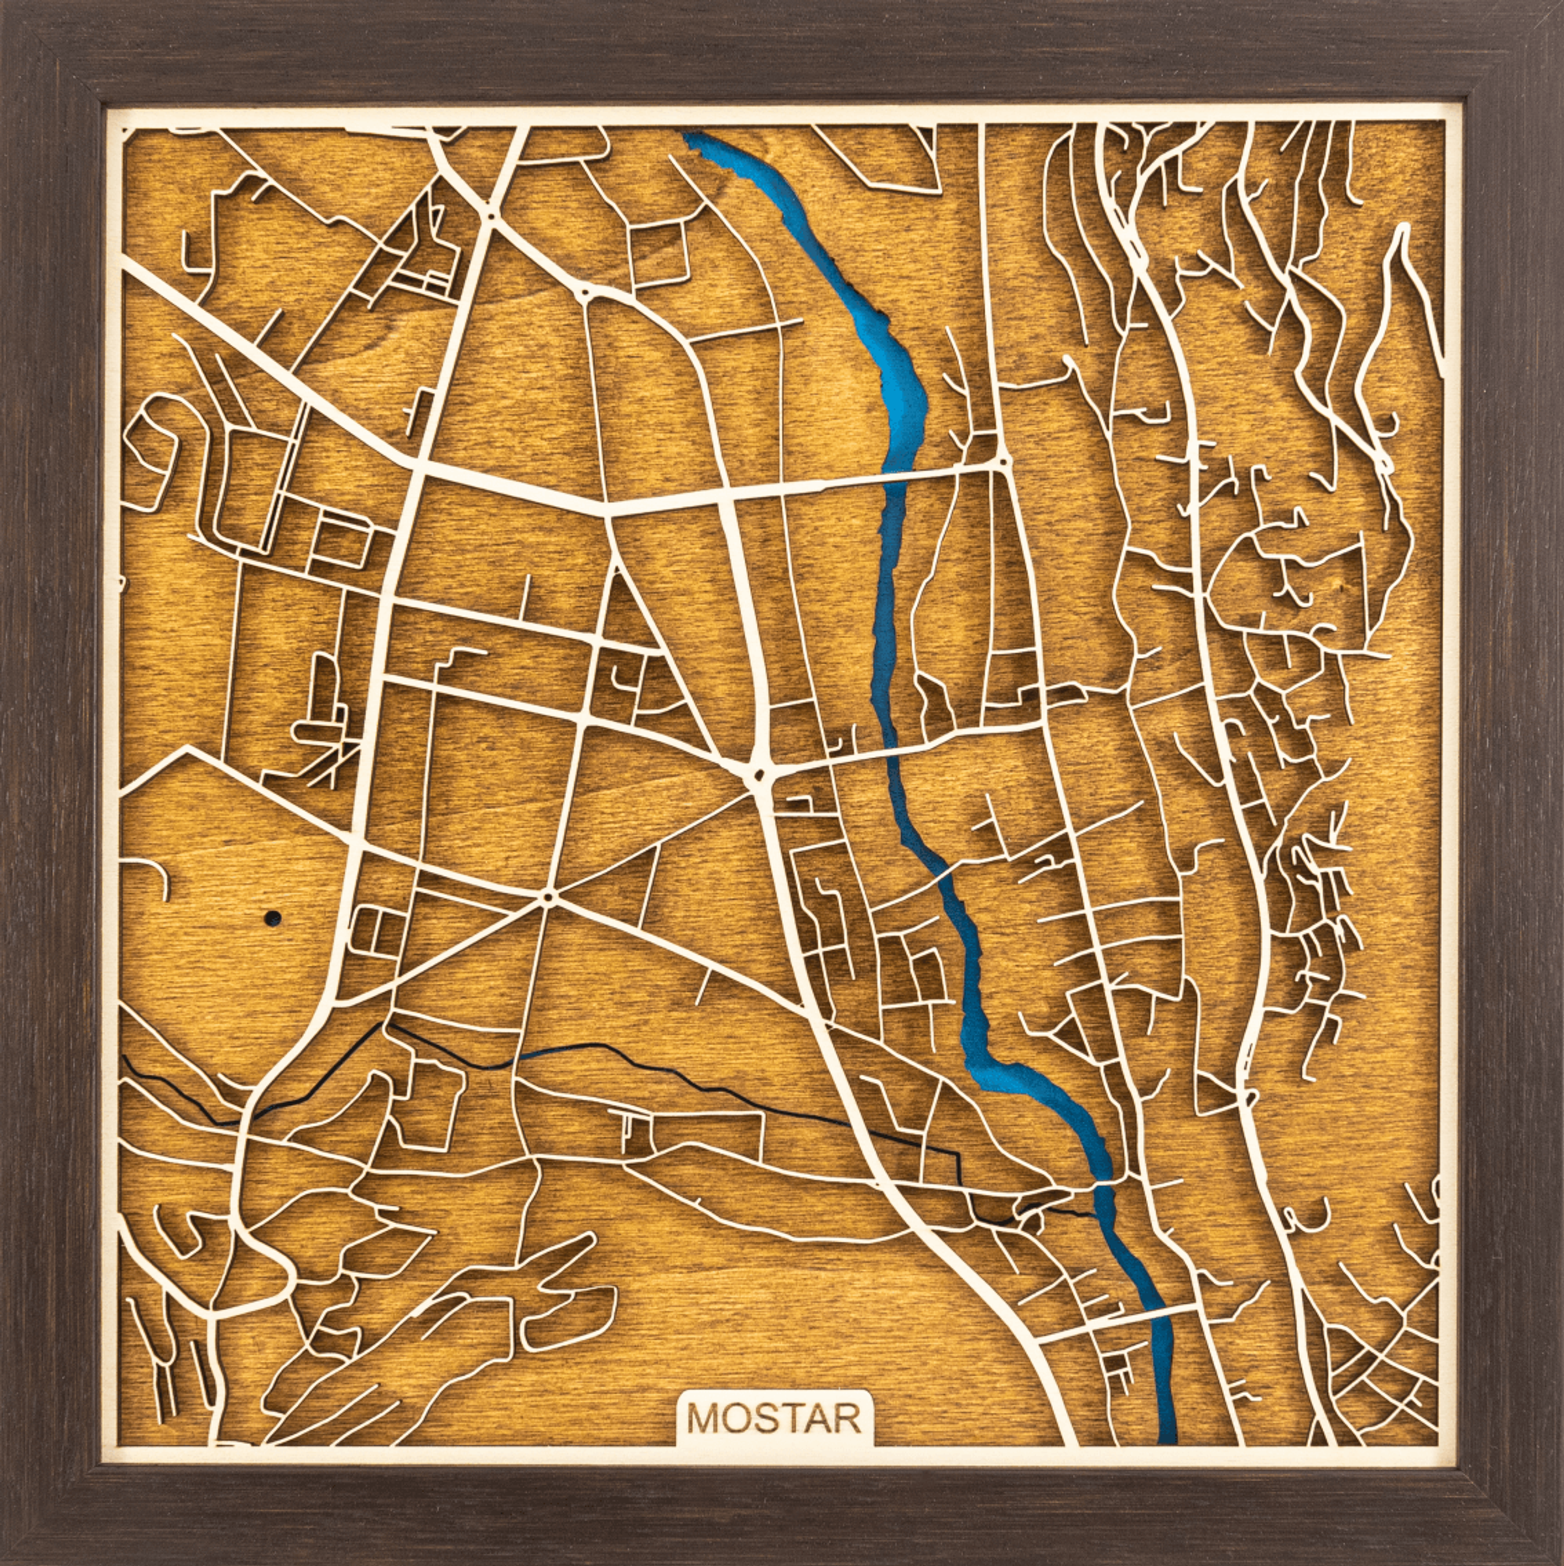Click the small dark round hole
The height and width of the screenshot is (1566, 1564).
pyautogui.click(x=272, y=918)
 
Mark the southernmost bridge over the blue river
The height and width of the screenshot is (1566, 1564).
pyautogui.click(x=1160, y=1311)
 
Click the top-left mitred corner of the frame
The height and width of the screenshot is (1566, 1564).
pyautogui.click(x=48, y=48)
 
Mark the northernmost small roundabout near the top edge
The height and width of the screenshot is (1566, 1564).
pyautogui.click(x=490, y=216)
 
